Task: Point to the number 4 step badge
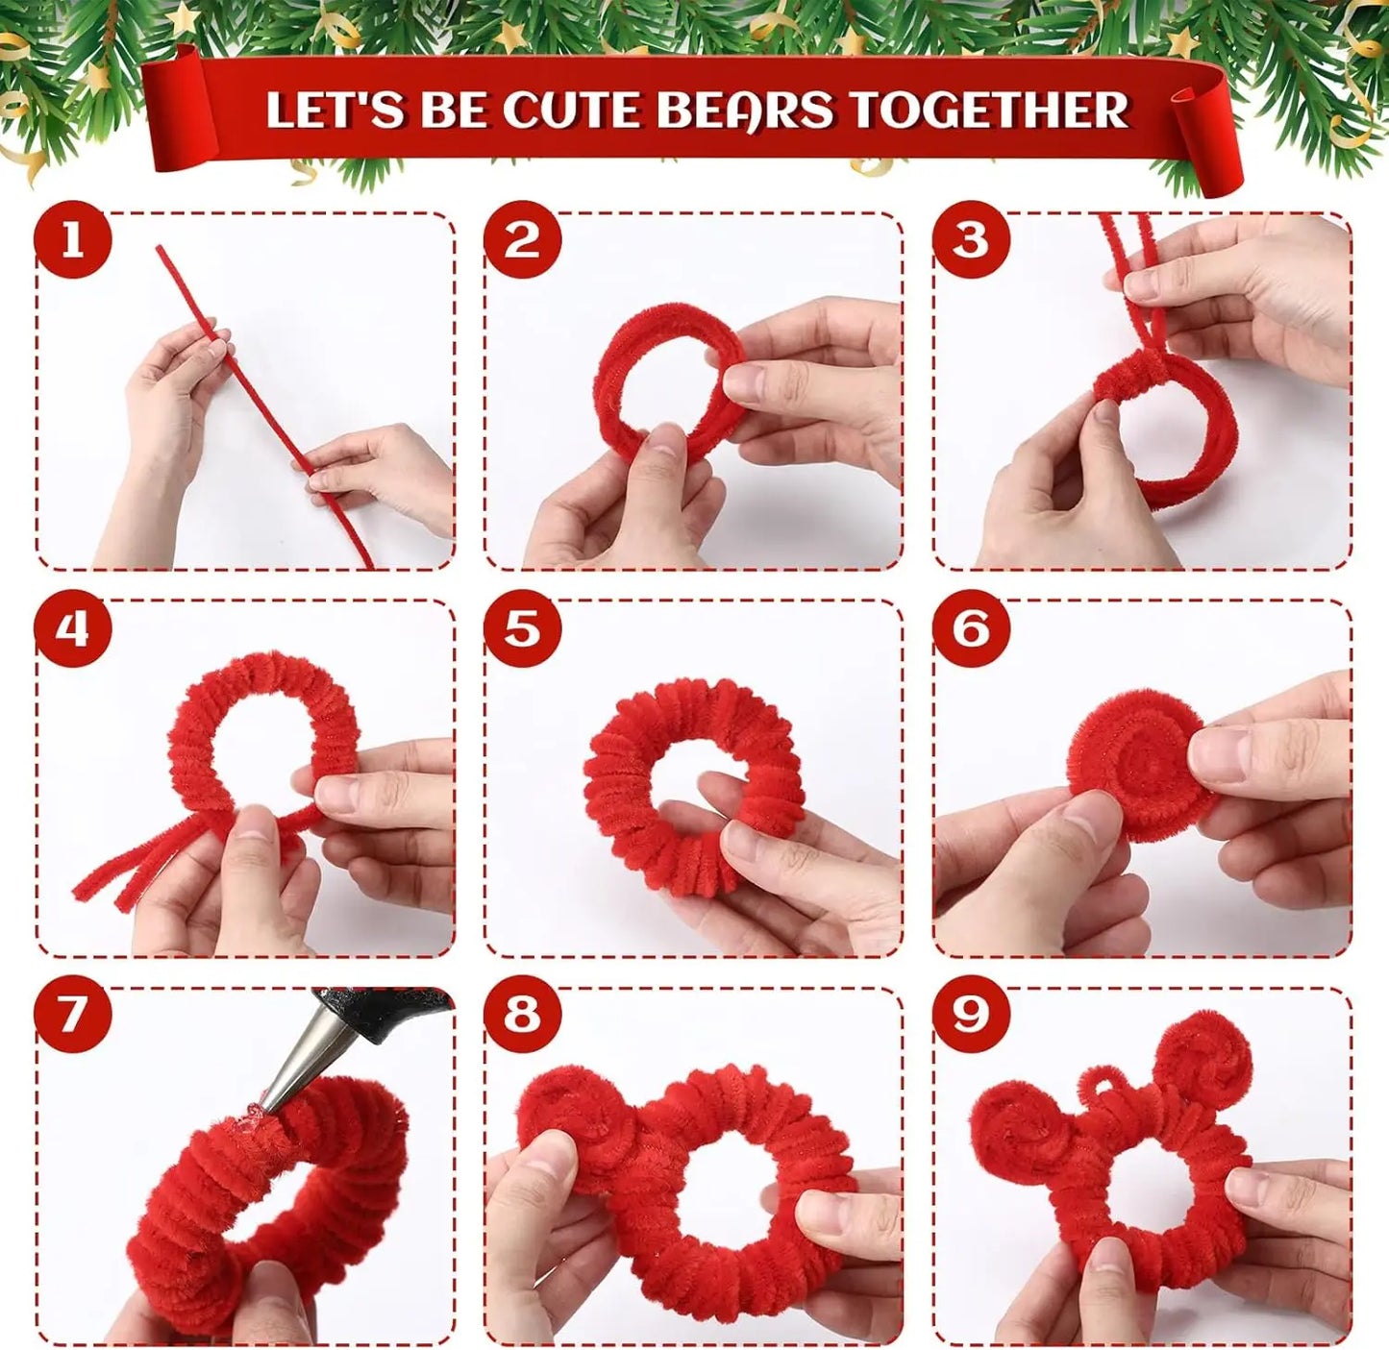[x=73, y=629]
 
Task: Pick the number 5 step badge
[x=522, y=629]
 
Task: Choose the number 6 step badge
[x=970, y=629]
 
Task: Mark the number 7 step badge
[x=73, y=1015]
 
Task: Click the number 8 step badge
[x=522, y=1015]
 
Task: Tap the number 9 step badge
[x=970, y=1015]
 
